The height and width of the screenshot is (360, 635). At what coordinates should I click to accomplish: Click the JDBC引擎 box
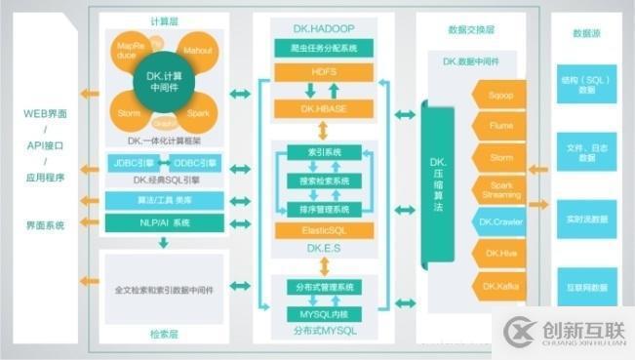coord(133,162)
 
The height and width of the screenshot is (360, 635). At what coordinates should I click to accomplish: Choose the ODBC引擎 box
coord(196,162)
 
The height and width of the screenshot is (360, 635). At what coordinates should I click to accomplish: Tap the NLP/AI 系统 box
coord(163,222)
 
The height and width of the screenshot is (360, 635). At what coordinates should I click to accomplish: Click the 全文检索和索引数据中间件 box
coord(163,290)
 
